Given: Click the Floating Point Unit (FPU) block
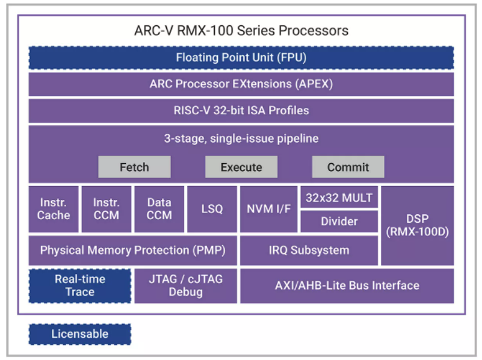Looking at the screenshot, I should tap(241, 58).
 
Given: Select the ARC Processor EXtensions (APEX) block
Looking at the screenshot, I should tap(241, 84).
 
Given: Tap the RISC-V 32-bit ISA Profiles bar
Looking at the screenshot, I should tap(241, 111).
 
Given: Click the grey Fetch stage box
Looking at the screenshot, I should tap(134, 167).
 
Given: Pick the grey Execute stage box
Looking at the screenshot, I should tap(241, 167).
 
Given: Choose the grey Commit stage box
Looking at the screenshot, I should tap(348, 167).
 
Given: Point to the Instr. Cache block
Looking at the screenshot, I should tap(54, 209).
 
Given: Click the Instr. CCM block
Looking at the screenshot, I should tap(106, 209).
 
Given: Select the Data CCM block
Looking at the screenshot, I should tap(159, 209).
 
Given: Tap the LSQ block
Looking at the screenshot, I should tap(212, 209).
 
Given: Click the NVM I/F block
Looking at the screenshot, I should tap(268, 209).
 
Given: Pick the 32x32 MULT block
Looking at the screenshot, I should tap(339, 197).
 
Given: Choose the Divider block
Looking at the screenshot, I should tap(339, 222).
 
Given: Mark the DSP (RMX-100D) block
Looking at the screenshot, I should tap(417, 225).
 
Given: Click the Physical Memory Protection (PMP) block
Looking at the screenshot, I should tap(132, 250).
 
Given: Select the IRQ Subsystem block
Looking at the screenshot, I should tap(309, 250).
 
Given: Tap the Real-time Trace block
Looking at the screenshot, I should tap(79, 286).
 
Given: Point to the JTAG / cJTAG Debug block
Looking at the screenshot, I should tap(185, 286).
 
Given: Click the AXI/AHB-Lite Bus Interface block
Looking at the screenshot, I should tap(347, 286).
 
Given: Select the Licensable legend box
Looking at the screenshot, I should tap(79, 334).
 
